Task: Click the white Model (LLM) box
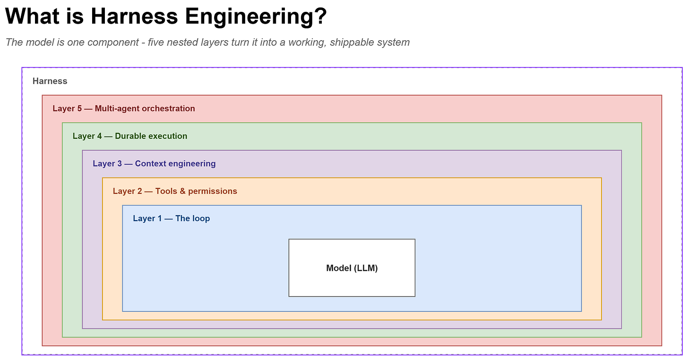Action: (x=352, y=268)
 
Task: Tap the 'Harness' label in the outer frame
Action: (x=50, y=81)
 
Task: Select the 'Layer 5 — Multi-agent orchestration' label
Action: (x=124, y=109)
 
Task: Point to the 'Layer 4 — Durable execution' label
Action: (x=130, y=136)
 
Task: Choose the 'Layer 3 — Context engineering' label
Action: (x=154, y=163)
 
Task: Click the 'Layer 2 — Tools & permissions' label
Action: (x=175, y=191)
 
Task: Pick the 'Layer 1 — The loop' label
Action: (x=172, y=218)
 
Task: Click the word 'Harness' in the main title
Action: (x=134, y=16)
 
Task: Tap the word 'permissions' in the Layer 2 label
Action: (x=213, y=191)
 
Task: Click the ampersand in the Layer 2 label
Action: (x=182, y=191)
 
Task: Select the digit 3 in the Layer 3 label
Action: (x=119, y=163)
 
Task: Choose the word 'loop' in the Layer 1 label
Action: (x=201, y=219)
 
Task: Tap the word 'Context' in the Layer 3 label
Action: (x=150, y=163)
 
